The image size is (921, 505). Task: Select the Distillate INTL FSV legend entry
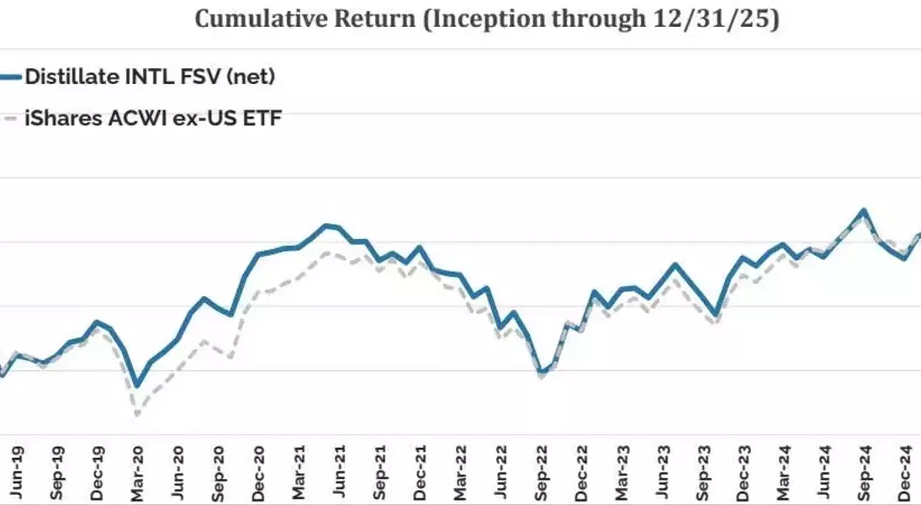coord(150,77)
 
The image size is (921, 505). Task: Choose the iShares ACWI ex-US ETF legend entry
coord(152,119)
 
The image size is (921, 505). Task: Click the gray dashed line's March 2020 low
coord(137,414)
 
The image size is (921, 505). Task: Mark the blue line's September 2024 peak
coord(863,210)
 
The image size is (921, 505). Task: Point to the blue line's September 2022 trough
coord(541,372)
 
